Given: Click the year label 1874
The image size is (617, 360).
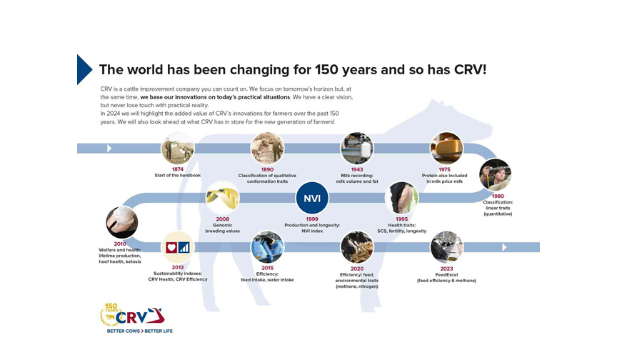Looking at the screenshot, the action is [178, 169].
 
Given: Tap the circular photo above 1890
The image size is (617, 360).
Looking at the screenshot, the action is [267, 149].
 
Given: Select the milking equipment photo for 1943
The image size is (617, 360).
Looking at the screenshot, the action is [357, 149].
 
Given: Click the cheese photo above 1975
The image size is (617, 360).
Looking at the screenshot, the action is [446, 149].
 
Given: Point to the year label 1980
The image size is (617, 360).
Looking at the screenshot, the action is [498, 196].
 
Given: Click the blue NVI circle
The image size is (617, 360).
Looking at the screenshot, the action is [312, 198].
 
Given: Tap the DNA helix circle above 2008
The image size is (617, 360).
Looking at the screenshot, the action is [222, 198].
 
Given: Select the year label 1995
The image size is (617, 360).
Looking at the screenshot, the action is [402, 219].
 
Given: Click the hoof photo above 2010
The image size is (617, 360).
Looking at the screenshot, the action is [122, 222].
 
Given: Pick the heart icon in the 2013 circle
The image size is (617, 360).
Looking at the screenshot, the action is [171, 247].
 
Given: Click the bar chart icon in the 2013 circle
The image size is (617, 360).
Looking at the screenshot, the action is [184, 247].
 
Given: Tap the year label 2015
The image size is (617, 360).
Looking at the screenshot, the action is [267, 268].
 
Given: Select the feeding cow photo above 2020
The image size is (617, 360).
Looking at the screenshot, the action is [357, 247].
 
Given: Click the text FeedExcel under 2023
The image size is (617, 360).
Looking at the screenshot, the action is [446, 274].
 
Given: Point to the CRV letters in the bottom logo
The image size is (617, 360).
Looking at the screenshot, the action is [131, 318].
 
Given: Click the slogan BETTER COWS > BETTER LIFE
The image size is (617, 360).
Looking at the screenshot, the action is [140, 331].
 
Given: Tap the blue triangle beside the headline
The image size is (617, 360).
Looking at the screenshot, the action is [84, 69].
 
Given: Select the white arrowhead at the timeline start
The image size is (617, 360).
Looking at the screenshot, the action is [109, 149].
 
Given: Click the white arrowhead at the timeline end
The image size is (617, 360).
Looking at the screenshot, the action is [504, 247].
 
